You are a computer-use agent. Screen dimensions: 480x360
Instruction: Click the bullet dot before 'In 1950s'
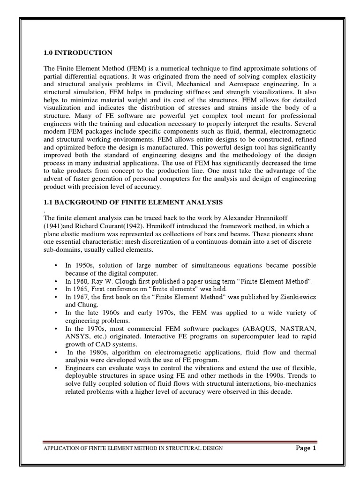pyautogui.click(x=56, y=265)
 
